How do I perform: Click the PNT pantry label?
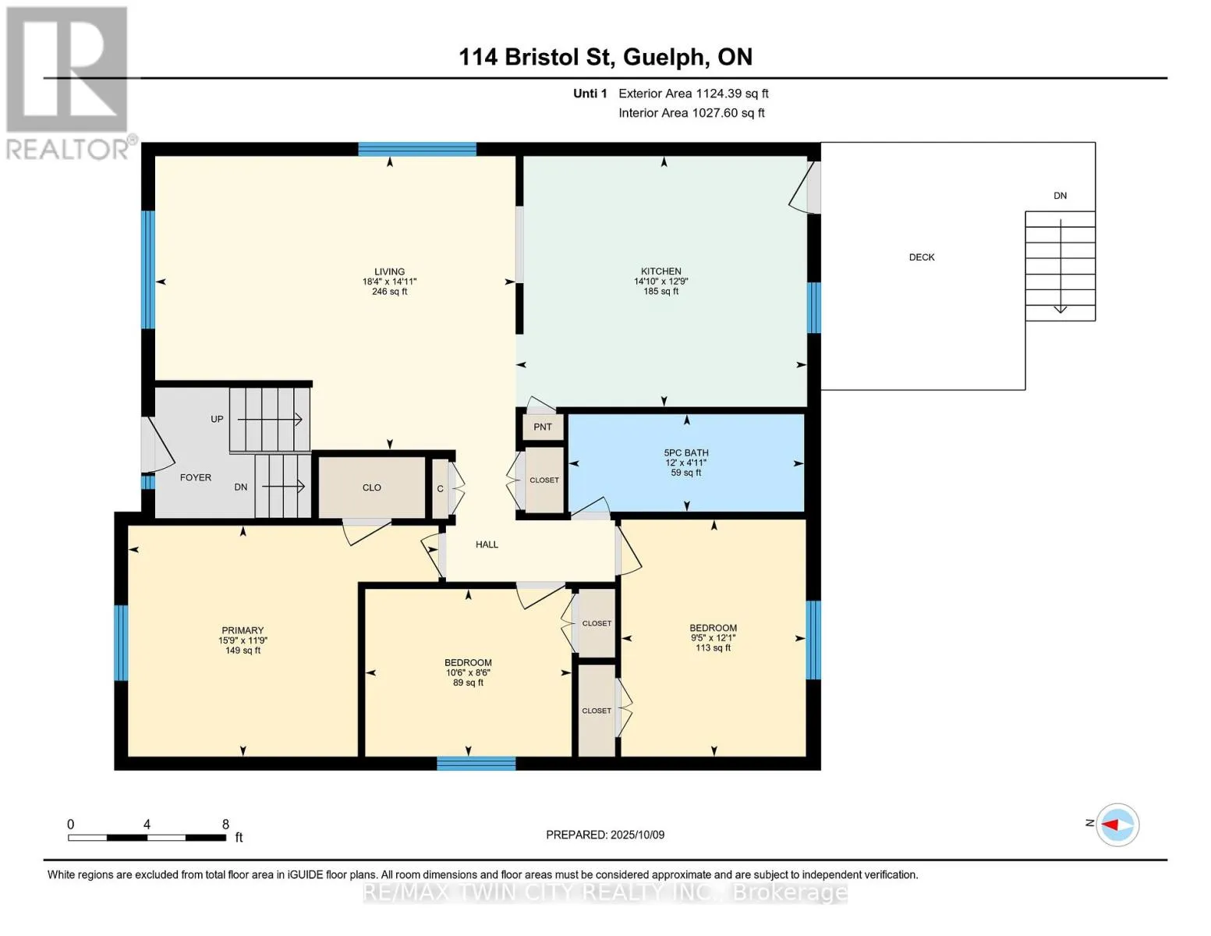click(542, 427)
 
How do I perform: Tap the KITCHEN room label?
click(661, 271)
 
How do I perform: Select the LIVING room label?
click(390, 271)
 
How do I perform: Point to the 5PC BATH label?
click(686, 452)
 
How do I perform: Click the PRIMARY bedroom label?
click(243, 630)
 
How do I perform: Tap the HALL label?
click(487, 544)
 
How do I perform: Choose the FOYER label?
click(196, 478)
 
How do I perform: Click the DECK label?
click(922, 257)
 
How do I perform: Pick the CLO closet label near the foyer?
click(372, 487)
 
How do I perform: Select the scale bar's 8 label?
click(225, 824)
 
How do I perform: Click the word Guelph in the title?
click(666, 58)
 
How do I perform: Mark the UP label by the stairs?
click(217, 419)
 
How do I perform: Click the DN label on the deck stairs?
click(1060, 196)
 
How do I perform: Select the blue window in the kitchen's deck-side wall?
click(813, 308)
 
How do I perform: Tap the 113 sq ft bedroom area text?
click(713, 647)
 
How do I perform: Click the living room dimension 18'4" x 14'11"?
click(390, 282)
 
